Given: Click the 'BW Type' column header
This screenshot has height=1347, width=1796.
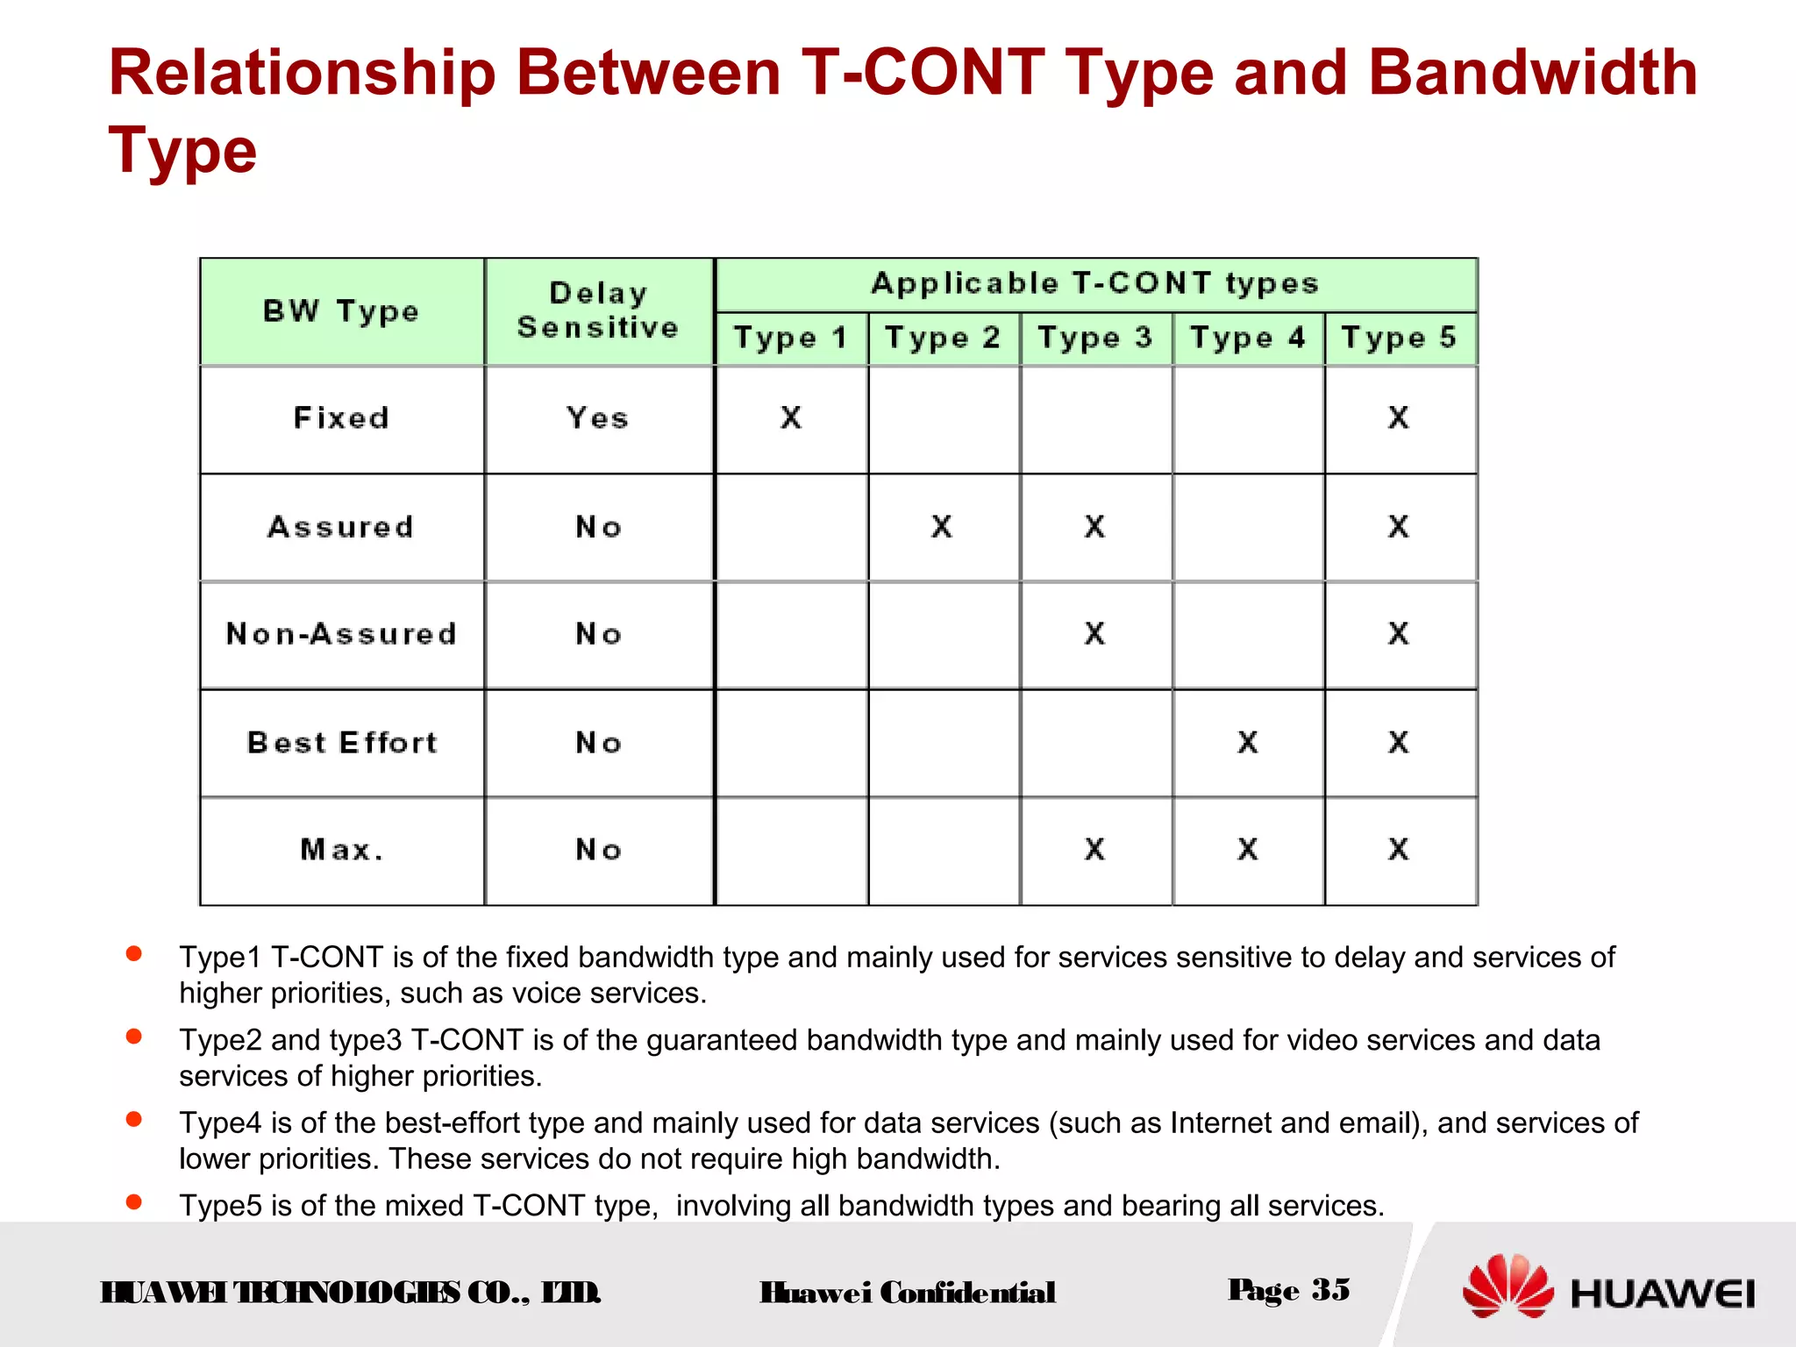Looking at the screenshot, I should tap(341, 311).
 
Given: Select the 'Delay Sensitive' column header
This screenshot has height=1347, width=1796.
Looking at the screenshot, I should tap(598, 310).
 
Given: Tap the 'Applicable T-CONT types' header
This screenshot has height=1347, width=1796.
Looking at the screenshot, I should tap(1094, 283).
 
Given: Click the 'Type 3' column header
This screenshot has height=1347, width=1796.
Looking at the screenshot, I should tap(1094, 338).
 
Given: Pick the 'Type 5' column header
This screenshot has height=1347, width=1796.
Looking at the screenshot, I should tap(1399, 338).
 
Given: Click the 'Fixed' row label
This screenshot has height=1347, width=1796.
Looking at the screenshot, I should tap(341, 418).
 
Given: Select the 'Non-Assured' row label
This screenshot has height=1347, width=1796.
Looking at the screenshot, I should tap(341, 634).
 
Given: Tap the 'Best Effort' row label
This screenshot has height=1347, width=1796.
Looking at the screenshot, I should tap(341, 743).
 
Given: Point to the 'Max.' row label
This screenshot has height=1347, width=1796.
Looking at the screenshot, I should tap(341, 850).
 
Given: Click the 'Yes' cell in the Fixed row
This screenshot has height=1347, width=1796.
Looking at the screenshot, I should tap(598, 418).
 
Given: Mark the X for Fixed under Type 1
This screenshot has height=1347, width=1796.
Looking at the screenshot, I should tap(791, 417).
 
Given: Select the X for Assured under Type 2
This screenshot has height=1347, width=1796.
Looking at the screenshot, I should tap(942, 526).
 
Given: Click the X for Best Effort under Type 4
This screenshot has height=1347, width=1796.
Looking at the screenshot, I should tap(1248, 743).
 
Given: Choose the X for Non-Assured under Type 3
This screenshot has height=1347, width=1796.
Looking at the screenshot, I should tap(1094, 633).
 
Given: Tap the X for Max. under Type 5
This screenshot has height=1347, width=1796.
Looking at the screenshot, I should tap(1399, 849).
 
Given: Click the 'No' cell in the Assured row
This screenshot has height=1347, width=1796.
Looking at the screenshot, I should tap(598, 527).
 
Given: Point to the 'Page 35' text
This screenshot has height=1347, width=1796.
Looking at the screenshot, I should tap(1288, 1290).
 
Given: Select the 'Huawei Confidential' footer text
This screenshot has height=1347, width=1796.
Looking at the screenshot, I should tap(908, 1293).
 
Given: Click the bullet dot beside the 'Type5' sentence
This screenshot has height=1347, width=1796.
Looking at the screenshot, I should tap(134, 1201).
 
